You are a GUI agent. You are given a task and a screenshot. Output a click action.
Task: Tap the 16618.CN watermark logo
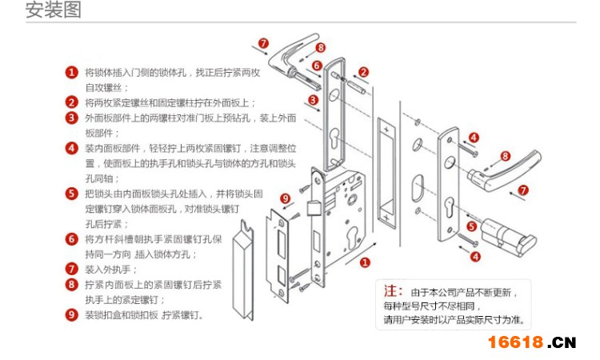tap(532, 342)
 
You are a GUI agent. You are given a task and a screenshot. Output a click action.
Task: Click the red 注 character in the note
tap(392, 290)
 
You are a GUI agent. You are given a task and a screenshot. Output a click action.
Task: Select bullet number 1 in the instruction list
tap(72, 73)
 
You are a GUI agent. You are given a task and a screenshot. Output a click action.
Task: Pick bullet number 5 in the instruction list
tap(72, 194)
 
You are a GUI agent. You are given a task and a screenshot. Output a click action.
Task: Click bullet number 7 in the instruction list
tap(72, 269)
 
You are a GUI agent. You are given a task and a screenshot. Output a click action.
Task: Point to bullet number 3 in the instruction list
tap(72, 118)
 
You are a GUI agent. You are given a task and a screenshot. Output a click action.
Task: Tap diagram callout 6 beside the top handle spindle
tap(317, 66)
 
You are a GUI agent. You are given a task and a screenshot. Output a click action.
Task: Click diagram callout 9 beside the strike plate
tap(286, 198)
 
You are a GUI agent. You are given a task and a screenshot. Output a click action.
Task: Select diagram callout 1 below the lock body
tap(366, 262)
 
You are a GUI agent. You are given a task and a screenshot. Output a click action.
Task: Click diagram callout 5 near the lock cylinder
tap(473, 226)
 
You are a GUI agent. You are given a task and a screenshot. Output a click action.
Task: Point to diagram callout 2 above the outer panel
tap(364, 72)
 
